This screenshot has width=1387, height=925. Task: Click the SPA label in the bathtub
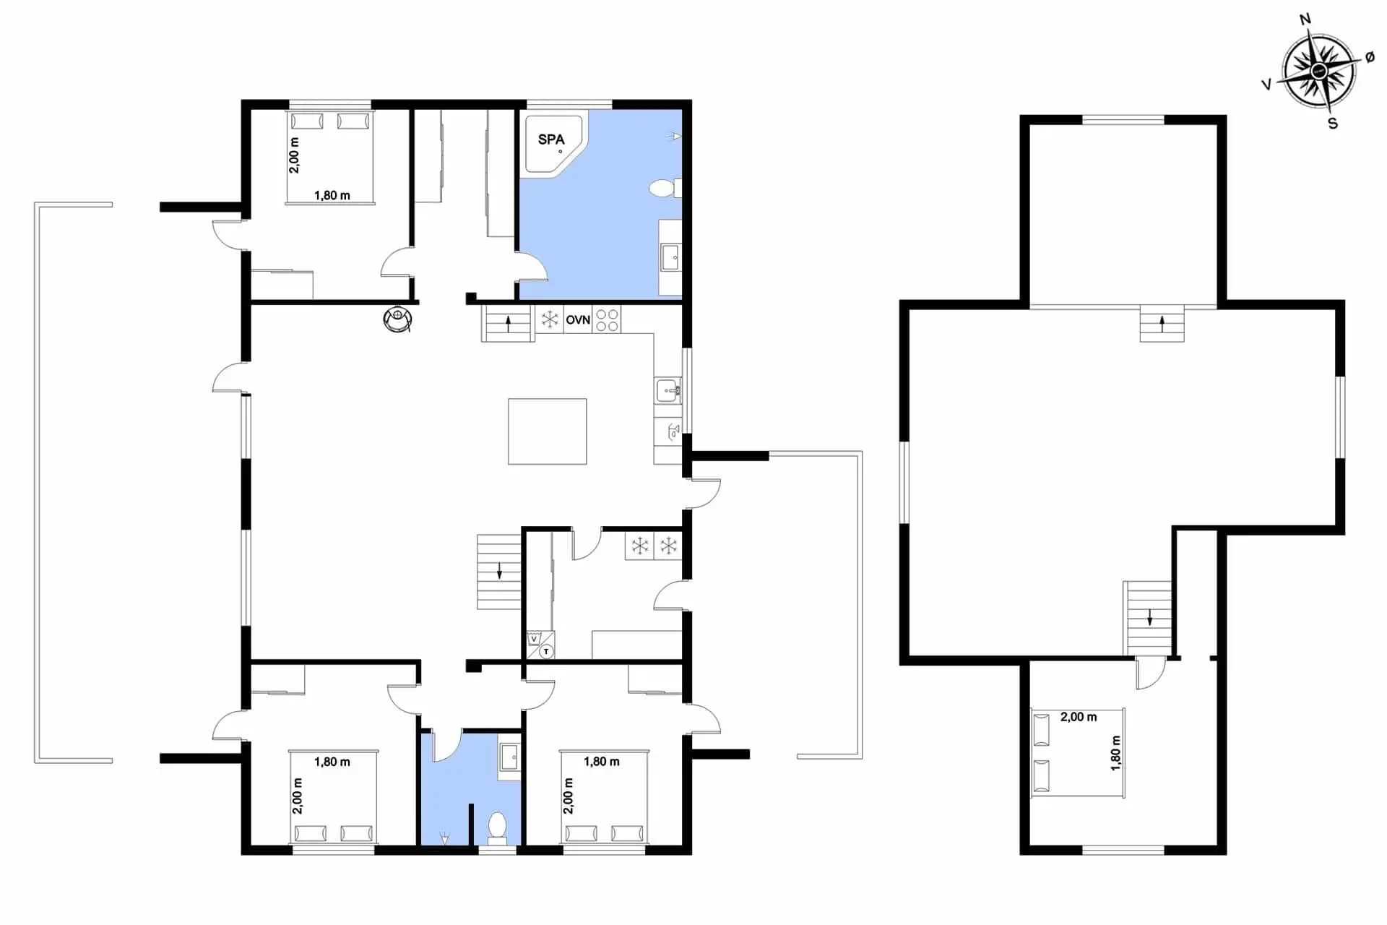pos(551,139)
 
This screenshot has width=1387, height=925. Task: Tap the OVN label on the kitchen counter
pos(578,320)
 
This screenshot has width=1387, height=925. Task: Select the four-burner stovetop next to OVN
pos(607,320)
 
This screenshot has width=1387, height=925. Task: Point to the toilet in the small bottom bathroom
pos(498,828)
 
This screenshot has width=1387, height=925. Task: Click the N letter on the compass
pos(1305,20)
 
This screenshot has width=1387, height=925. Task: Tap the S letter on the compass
pos(1333,124)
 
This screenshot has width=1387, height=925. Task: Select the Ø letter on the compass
pos(1370,58)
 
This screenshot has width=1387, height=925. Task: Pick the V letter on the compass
pos(1266,85)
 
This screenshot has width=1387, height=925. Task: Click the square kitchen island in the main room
pos(547,431)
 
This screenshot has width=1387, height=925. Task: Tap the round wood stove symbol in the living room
pos(398,319)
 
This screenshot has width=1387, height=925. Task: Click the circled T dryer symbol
pos(547,652)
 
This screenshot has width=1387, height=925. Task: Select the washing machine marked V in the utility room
pos(535,639)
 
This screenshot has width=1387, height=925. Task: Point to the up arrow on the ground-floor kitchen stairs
pos(508,323)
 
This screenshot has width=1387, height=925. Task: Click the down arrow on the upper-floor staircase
pos(1149,617)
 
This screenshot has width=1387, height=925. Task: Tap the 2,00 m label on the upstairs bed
pos(1079,718)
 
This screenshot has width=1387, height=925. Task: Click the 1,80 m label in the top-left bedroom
pos(332,196)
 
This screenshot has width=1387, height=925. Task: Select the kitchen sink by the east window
pos(667,392)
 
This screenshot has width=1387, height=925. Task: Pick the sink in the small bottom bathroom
pos(510,758)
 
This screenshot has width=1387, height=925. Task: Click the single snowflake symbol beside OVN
pos(550,319)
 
